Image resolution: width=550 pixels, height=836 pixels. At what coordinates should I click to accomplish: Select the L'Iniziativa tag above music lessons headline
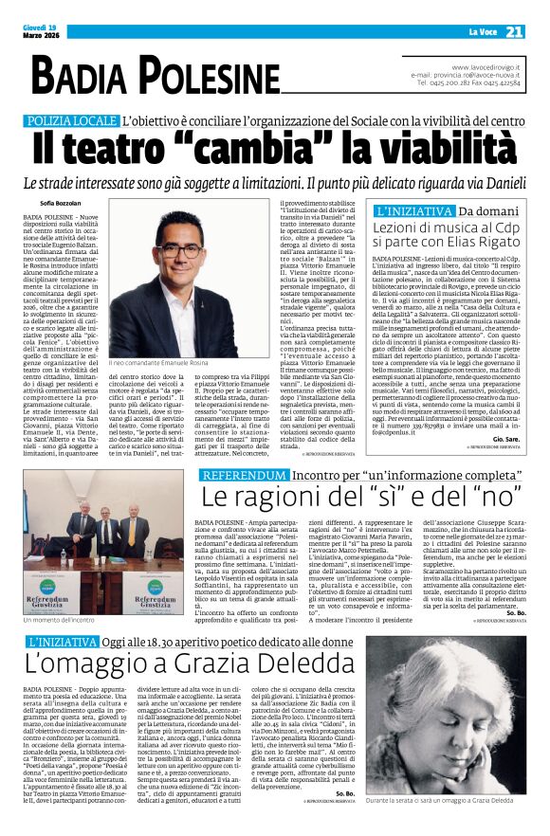coord(414,211)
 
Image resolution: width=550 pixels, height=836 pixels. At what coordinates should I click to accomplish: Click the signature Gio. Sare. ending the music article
coord(505,439)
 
